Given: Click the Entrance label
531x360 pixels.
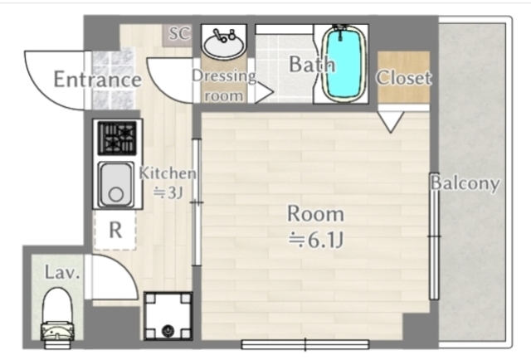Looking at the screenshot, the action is [98, 80].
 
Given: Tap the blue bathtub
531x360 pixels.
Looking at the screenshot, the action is [343, 65].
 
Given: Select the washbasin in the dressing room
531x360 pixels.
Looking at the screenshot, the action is [224, 43].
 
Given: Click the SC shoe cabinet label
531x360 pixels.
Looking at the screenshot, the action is [179, 33].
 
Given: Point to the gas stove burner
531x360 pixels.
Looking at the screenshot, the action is [117, 139].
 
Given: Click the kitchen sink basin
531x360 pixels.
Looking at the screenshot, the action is [115, 185].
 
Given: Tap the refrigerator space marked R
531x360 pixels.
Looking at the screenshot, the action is [115, 230].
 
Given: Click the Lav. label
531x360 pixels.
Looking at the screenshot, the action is [63, 273].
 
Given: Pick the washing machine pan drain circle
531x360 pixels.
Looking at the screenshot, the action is [168, 330].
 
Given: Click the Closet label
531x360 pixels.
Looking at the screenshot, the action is [404, 77].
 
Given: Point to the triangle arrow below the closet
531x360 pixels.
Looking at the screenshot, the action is [391, 122].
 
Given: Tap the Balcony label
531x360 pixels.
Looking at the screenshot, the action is [465, 182].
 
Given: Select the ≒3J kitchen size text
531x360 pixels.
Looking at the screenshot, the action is [168, 193].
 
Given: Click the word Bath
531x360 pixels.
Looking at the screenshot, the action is [312, 64].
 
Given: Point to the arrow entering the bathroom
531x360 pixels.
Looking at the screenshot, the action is [265, 92].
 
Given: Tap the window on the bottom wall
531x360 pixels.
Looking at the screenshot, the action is [305, 345].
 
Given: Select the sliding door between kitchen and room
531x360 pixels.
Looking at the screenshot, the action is [197, 202].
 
